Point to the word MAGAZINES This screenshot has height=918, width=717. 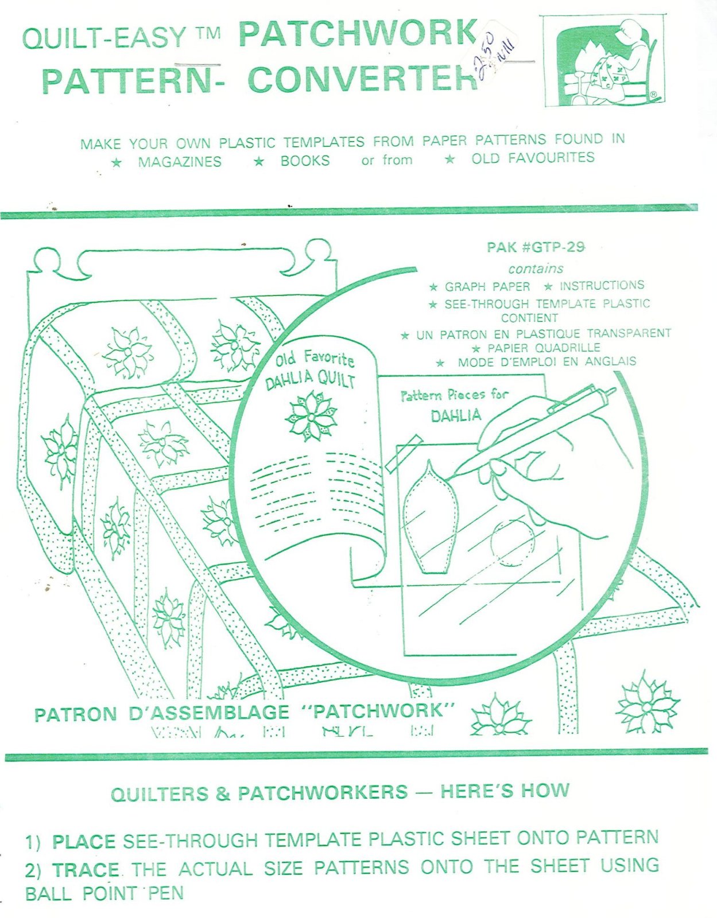(180, 162)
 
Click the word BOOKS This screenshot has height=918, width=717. (305, 161)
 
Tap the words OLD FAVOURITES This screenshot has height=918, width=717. (533, 158)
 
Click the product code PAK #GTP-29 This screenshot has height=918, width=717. (535, 247)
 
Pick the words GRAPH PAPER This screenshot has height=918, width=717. (487, 286)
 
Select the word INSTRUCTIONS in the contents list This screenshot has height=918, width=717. (602, 285)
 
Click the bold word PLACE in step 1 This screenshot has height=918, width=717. (84, 842)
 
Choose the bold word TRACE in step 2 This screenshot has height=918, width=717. (86, 870)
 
